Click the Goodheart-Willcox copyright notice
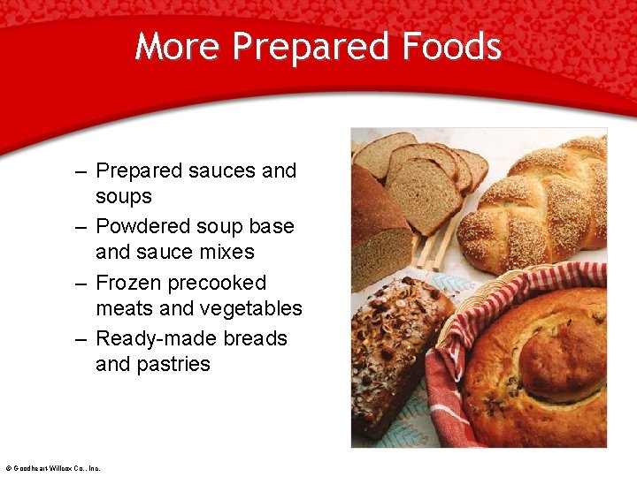click(x=52, y=468)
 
